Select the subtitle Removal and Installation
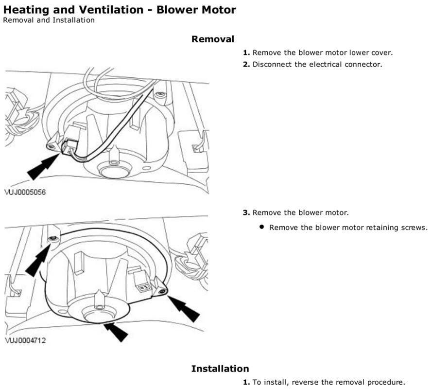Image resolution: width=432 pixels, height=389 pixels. (x=49, y=20)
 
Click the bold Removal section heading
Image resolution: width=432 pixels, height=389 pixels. (x=212, y=39)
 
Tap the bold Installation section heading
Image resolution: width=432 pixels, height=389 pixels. (x=220, y=368)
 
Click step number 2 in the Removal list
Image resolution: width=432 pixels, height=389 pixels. (x=246, y=64)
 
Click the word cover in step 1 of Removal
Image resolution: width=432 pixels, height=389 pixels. (x=381, y=53)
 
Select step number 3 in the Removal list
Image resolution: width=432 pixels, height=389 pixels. (x=246, y=212)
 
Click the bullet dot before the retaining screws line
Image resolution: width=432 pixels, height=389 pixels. (x=262, y=227)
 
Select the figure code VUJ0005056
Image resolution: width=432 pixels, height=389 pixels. (x=25, y=193)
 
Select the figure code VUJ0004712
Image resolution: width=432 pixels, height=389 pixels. (x=25, y=340)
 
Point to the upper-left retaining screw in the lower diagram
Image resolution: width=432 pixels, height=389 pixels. (x=53, y=238)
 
